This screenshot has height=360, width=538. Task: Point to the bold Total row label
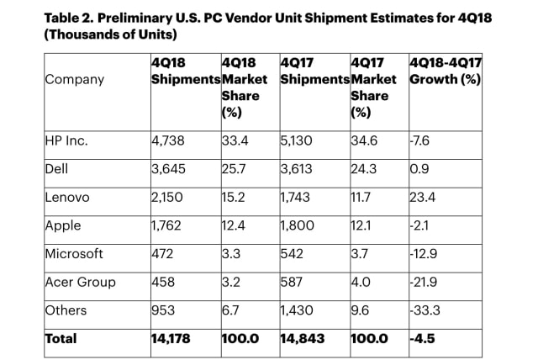tap(60, 338)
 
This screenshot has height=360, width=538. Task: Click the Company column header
tap(76, 80)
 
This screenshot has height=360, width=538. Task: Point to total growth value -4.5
tap(423, 338)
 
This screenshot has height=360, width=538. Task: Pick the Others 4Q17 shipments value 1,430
tap(298, 310)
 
